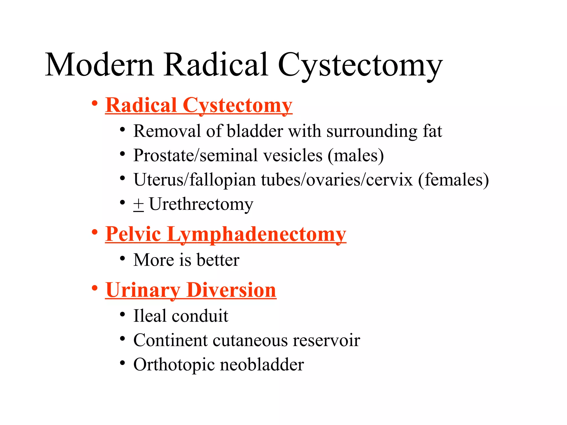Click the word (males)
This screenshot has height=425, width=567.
tap(356, 156)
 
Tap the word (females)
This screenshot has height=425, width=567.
tap(453, 180)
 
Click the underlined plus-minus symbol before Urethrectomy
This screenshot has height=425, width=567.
tap(138, 205)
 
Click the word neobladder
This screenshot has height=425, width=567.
tap(262, 365)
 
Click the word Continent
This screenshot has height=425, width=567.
tap(170, 340)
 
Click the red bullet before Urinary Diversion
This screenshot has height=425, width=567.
tap(95, 288)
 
